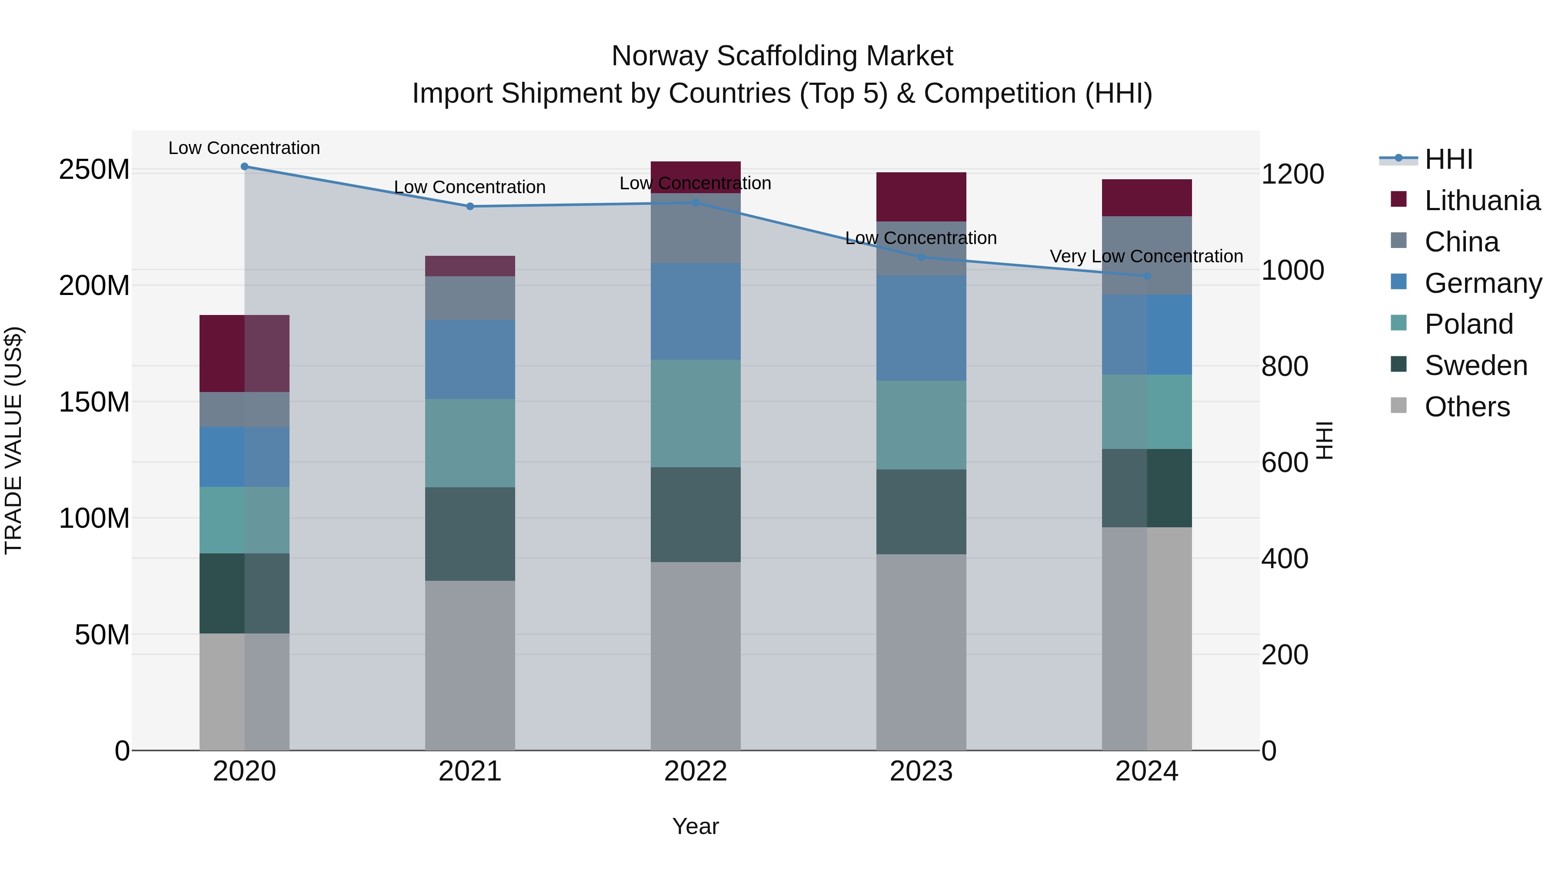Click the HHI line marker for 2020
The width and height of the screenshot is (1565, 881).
(244, 167)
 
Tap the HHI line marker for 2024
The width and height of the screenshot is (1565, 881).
(1146, 276)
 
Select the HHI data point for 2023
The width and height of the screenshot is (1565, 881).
(921, 257)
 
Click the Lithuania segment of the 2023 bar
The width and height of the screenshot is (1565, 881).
(921, 196)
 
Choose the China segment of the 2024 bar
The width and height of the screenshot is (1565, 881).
(1146, 255)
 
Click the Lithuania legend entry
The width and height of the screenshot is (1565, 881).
(1482, 201)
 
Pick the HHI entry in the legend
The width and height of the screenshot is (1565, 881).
(1448, 159)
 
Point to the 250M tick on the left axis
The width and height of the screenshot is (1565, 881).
(94, 169)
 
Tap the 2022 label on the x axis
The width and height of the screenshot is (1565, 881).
(696, 771)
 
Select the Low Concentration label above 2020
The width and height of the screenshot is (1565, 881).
(244, 148)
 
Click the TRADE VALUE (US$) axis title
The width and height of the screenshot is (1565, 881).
(13, 440)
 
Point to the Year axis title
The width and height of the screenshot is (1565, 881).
(696, 826)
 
